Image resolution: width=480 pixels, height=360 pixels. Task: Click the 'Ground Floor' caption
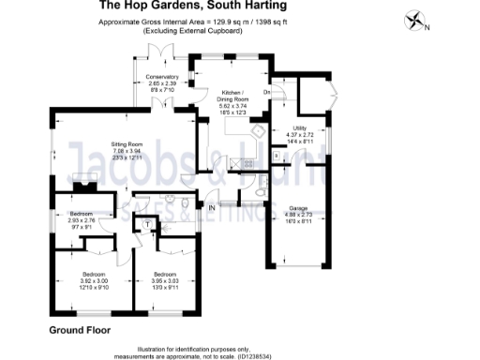point(80,330)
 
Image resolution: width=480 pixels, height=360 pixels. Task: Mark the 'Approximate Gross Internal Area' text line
point(192,22)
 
